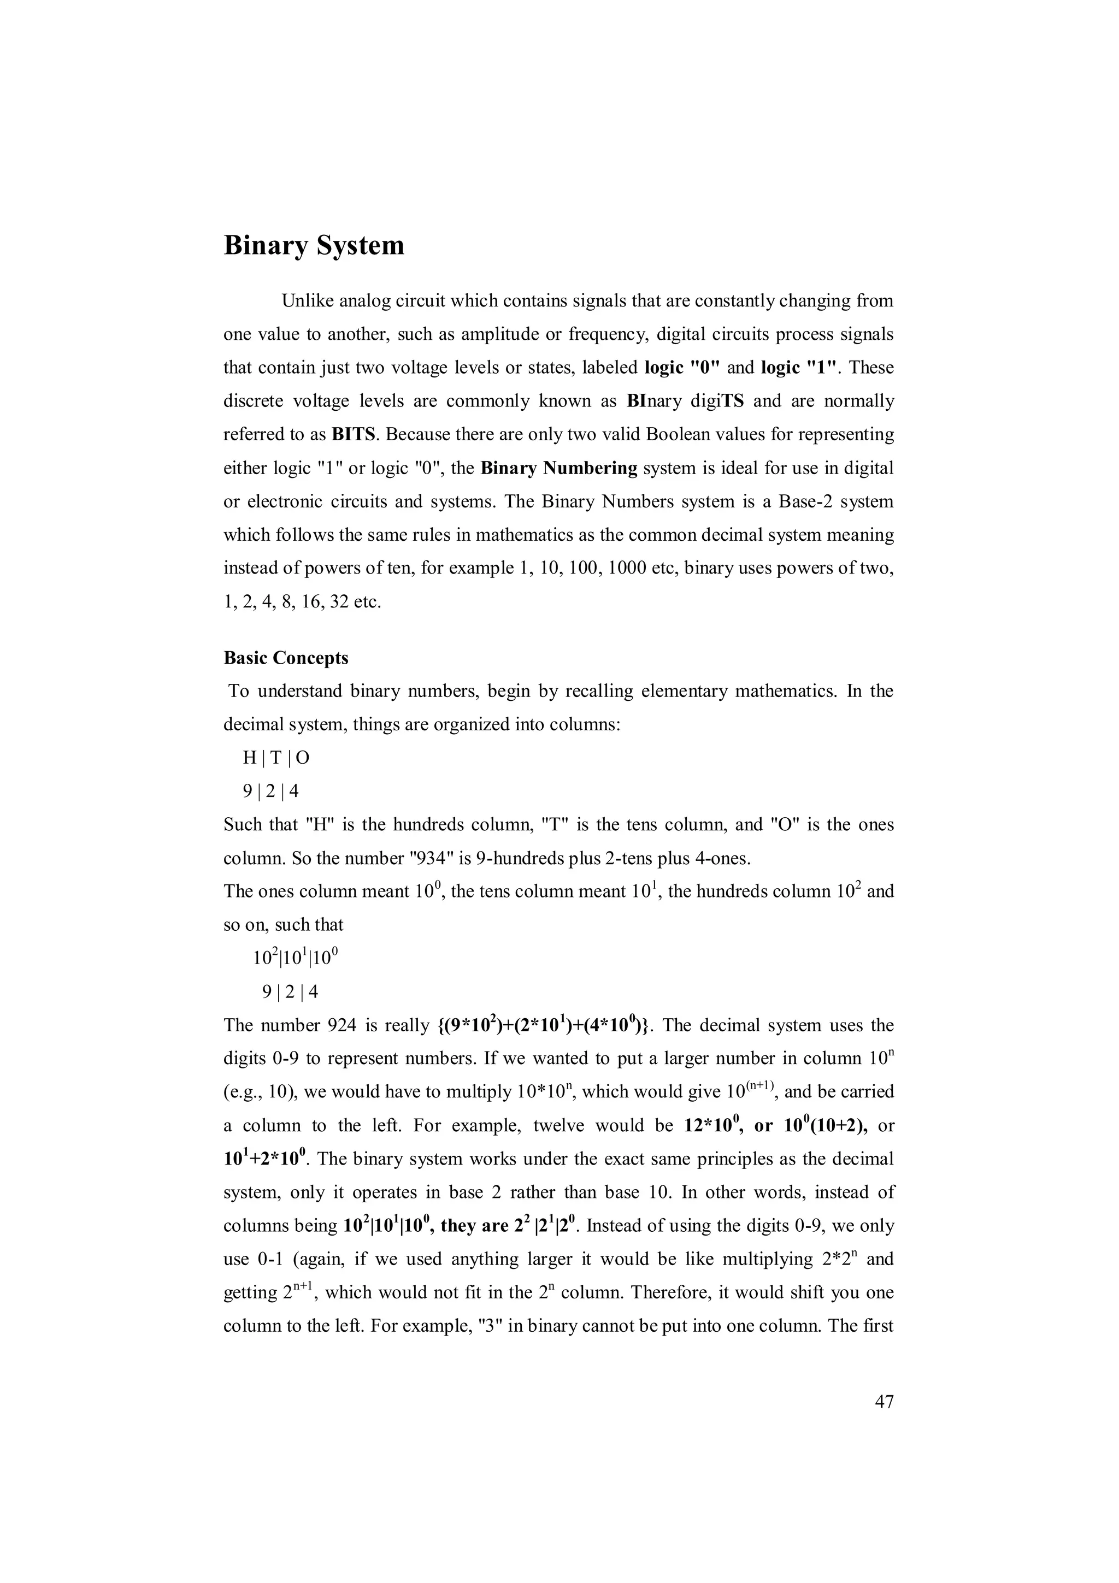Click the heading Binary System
314,245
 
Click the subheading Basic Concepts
285,658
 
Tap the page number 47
884,1401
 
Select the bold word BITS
354,434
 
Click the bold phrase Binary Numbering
558,468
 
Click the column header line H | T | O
276,758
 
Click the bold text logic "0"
682,368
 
